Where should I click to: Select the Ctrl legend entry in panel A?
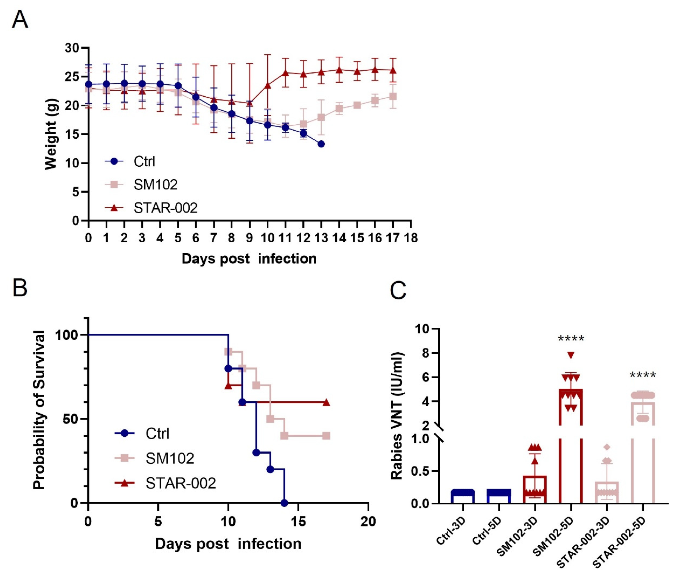pyautogui.click(x=144, y=161)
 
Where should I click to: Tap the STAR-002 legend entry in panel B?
pyautogui.click(x=180, y=483)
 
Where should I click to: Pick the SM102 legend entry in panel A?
pyautogui.click(x=155, y=185)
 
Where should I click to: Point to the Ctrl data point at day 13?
pyautogui.click(x=321, y=144)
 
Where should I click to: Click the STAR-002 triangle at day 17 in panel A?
pyautogui.click(x=393, y=70)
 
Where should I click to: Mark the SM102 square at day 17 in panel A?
pyautogui.click(x=393, y=96)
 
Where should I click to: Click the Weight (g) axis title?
pyautogui.click(x=51, y=134)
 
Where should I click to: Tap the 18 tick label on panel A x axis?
pyautogui.click(x=410, y=238)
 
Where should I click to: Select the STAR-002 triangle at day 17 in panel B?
pyautogui.click(x=326, y=403)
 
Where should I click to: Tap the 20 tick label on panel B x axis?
pyautogui.click(x=368, y=522)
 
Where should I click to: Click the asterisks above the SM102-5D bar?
pyautogui.click(x=571, y=339)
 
